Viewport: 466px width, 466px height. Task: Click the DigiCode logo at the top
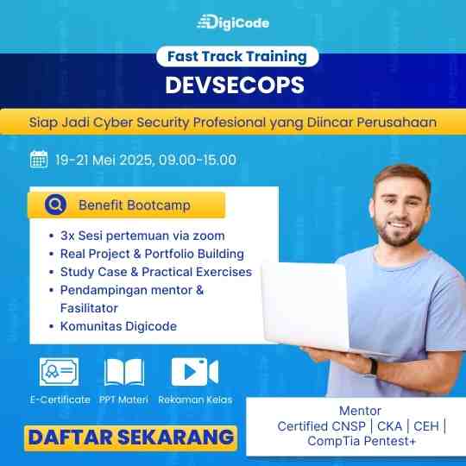click(x=233, y=22)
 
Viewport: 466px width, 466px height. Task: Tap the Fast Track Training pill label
click(x=237, y=56)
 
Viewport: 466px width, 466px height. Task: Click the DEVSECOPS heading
click(x=235, y=85)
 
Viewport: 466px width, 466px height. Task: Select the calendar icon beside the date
click(x=39, y=160)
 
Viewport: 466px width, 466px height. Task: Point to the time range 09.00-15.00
click(x=198, y=160)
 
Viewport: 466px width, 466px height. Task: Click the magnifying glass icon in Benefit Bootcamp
click(x=55, y=205)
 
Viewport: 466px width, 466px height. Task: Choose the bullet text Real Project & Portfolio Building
click(x=152, y=254)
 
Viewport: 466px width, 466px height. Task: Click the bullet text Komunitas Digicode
click(x=118, y=326)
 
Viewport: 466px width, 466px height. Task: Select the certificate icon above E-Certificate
click(x=60, y=372)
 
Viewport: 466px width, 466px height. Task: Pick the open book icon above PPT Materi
click(x=124, y=372)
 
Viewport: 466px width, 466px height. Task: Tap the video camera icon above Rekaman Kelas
click(x=195, y=372)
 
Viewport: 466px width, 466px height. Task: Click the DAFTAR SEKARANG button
click(x=130, y=438)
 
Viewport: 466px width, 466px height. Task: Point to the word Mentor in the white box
click(x=360, y=411)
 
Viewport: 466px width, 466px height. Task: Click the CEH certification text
click(x=426, y=426)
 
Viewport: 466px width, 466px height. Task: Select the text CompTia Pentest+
click(x=362, y=441)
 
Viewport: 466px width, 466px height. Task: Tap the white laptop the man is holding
click(x=306, y=306)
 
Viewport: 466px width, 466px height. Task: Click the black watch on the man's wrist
click(x=374, y=367)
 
